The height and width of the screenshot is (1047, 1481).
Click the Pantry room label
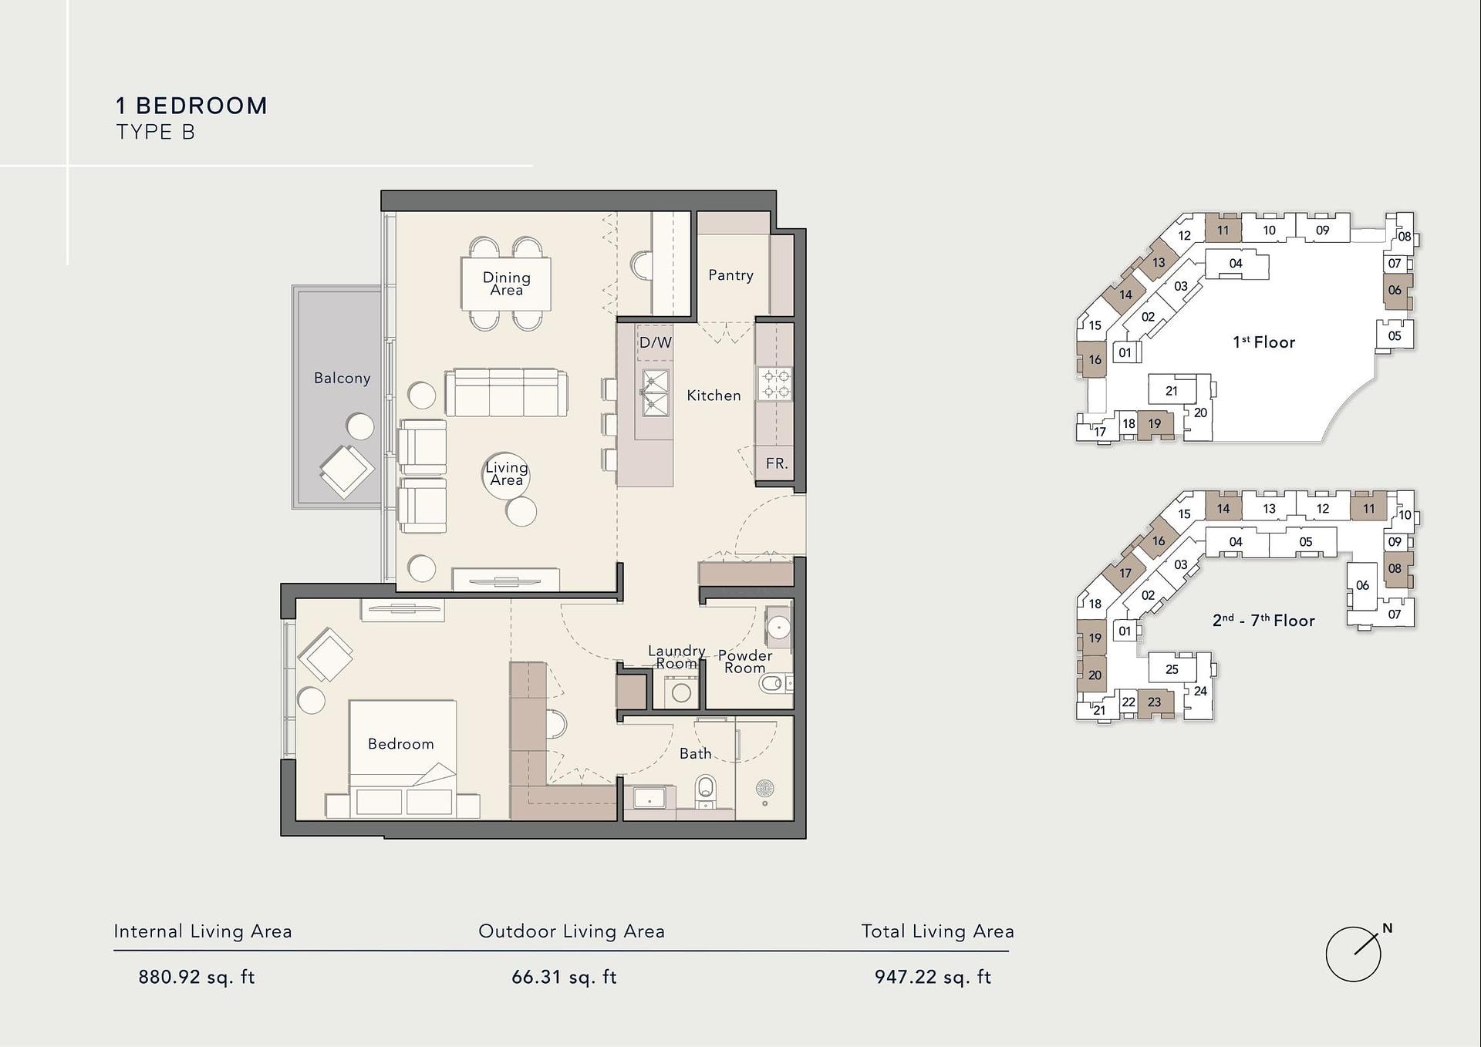(730, 275)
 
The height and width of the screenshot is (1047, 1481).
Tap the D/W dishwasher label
(655, 342)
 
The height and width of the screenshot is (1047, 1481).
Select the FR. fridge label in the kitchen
(777, 463)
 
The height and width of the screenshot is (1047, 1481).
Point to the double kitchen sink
(655, 392)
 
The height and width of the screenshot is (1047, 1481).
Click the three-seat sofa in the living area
(506, 392)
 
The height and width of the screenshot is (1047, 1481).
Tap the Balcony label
(342, 378)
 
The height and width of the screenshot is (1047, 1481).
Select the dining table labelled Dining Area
(506, 283)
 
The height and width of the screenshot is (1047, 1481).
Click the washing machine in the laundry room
(681, 692)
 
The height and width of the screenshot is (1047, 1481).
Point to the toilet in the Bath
(705, 789)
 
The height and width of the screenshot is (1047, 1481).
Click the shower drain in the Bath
(764, 789)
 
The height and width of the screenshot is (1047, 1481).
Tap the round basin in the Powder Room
(778, 628)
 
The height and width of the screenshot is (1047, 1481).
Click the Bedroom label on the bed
(400, 744)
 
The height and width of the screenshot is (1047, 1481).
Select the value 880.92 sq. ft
(197, 977)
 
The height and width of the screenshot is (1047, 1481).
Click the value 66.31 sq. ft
(564, 977)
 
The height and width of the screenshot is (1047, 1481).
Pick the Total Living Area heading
(937, 932)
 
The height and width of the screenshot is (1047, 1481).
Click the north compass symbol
(1354, 953)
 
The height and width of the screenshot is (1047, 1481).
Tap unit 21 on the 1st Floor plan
(1172, 391)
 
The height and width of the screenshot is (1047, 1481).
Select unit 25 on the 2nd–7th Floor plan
(1172, 669)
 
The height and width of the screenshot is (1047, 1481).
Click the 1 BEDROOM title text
(191, 106)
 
